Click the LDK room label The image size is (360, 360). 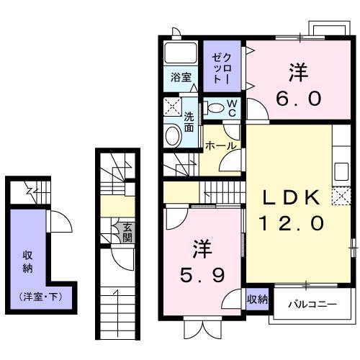click(x=289, y=197)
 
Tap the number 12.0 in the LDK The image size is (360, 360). click(x=289, y=224)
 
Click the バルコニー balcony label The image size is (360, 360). click(x=312, y=305)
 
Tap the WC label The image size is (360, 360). click(x=233, y=108)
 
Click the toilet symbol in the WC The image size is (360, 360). click(x=214, y=108)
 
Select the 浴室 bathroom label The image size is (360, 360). click(x=180, y=78)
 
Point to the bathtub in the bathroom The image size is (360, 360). click(x=180, y=53)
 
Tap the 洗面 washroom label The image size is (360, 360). click(x=189, y=122)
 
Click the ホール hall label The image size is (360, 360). click(x=220, y=145)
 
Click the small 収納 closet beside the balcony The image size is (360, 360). click(x=257, y=299)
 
